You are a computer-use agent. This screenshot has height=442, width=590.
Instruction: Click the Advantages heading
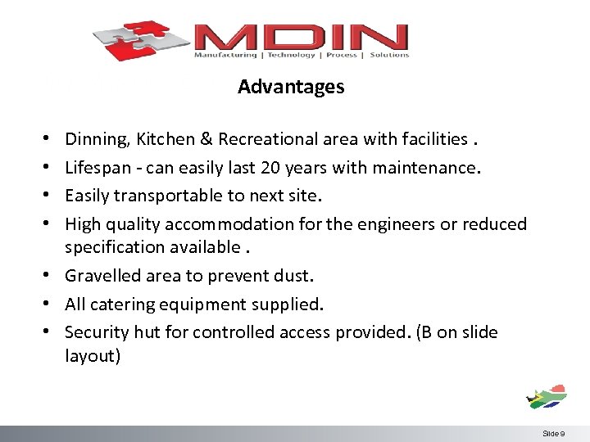click(291, 87)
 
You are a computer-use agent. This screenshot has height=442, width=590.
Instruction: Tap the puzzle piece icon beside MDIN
click(141, 39)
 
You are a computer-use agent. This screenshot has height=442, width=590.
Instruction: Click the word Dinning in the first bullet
click(93, 139)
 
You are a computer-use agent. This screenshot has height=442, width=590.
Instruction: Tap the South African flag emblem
click(547, 395)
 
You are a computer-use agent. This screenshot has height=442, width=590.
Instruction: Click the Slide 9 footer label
click(552, 433)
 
